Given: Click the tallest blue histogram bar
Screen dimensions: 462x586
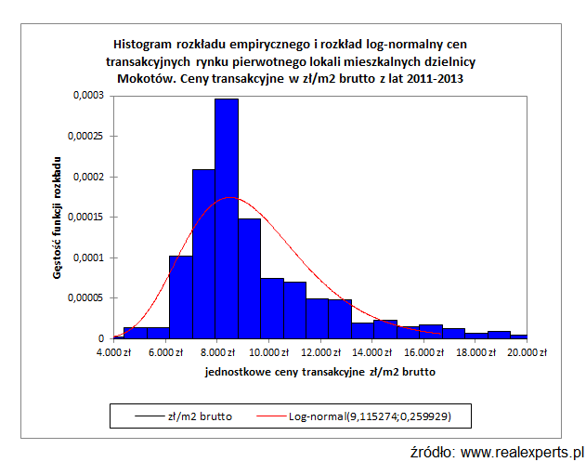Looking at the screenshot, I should click(x=227, y=218).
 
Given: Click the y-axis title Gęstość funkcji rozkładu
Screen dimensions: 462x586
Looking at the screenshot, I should click(x=58, y=218).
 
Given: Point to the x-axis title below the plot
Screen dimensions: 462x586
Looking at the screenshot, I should click(x=319, y=372).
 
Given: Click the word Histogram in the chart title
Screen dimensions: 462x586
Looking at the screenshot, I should click(x=143, y=43).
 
